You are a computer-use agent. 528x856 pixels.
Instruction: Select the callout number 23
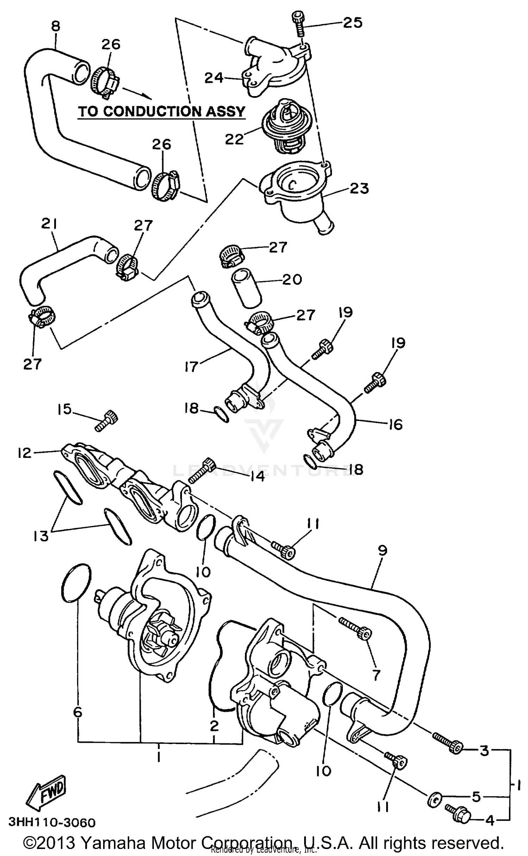coord(359,188)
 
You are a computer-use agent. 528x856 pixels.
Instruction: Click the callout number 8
coord(56,26)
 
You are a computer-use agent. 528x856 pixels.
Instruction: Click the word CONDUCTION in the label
coord(152,111)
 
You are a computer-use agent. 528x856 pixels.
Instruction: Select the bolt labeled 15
coord(107,420)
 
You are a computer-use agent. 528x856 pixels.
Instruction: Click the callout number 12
coord(25,453)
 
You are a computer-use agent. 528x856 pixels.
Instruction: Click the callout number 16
coord(396,424)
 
